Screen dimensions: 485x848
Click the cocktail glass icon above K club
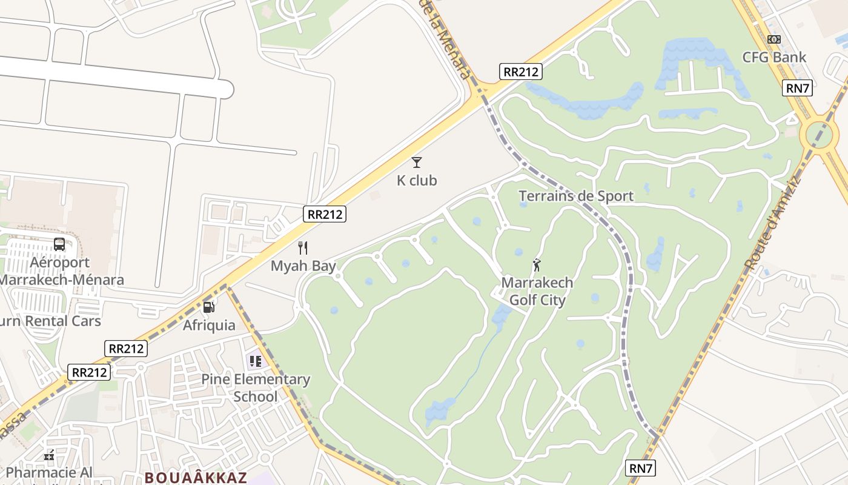(x=417, y=162)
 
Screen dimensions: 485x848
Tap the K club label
(x=417, y=181)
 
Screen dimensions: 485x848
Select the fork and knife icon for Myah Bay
(x=303, y=247)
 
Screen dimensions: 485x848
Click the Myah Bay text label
(x=303, y=266)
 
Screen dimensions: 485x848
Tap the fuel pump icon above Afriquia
(x=209, y=307)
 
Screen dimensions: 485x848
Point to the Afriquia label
(x=209, y=326)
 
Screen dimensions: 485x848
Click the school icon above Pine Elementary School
(x=256, y=361)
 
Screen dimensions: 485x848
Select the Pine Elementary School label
(x=256, y=388)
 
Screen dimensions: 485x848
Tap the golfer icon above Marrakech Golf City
(x=537, y=264)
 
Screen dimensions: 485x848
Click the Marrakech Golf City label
(x=537, y=292)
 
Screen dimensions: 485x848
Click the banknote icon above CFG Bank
(x=774, y=39)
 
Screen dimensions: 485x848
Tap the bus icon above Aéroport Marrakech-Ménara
(x=59, y=244)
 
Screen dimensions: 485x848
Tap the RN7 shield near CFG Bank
(x=798, y=88)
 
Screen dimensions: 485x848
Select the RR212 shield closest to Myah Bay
(x=324, y=213)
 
